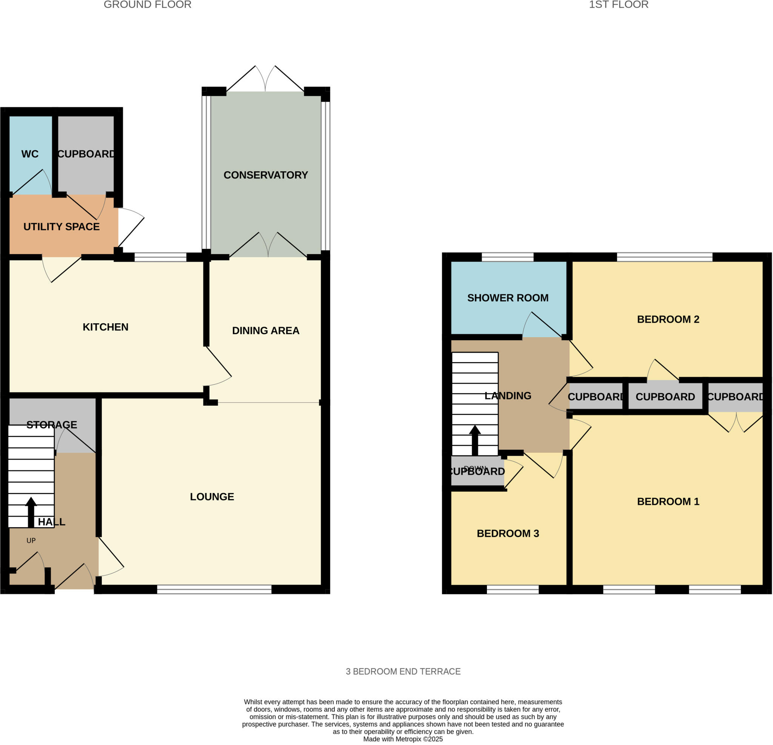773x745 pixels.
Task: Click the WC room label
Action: [30, 154]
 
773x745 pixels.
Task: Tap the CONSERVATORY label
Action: [265, 175]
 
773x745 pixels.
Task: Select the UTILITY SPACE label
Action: [62, 227]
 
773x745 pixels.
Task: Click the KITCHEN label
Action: [105, 327]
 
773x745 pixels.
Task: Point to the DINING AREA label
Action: [265, 330]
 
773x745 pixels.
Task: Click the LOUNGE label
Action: [212, 497]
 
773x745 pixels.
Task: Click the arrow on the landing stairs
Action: [475, 440]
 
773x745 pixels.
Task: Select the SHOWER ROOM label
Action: [508, 298]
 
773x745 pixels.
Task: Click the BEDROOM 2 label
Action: [668, 319]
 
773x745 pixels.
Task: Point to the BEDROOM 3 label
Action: [508, 533]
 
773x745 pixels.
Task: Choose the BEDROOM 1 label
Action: [668, 501]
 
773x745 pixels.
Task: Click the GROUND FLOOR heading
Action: [148, 5]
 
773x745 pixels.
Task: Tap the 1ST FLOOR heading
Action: [618, 5]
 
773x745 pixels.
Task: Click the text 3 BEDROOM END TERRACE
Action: [403, 671]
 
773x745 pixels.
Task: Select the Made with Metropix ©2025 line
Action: [403, 739]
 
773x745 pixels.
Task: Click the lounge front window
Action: [214, 589]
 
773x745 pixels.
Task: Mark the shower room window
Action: [508, 257]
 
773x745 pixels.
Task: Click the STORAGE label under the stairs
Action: [52, 424]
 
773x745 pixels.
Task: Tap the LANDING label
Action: [508, 395]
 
